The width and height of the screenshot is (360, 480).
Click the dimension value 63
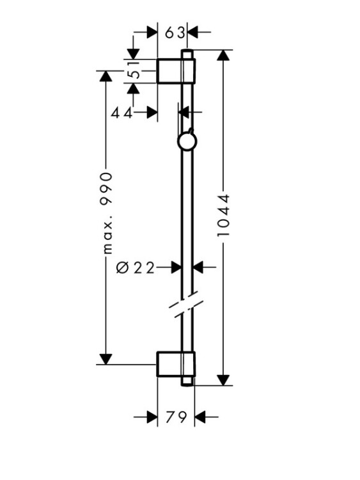point(175,33)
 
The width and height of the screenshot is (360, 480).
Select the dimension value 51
point(133,70)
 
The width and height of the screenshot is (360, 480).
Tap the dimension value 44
point(121,113)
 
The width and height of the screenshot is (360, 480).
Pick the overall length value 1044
point(223,215)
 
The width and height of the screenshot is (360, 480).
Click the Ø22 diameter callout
point(136,268)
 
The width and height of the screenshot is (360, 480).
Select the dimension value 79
point(176,417)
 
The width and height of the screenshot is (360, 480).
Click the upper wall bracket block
point(176,70)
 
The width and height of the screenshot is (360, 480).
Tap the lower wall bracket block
point(176,364)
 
